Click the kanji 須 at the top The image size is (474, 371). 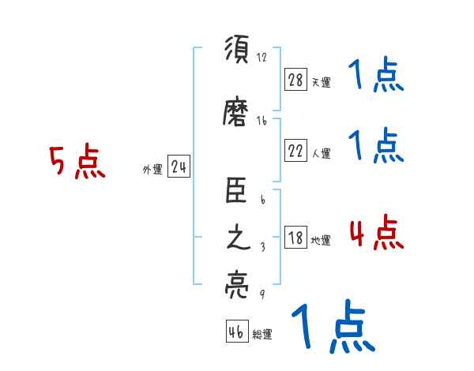(x=236, y=50)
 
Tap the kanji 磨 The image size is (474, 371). (x=236, y=113)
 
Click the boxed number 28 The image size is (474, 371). (x=295, y=79)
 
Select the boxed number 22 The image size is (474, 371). (x=295, y=151)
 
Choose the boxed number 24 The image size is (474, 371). (x=179, y=167)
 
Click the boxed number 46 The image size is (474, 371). (x=236, y=332)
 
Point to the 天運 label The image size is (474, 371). (x=321, y=82)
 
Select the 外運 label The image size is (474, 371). (x=152, y=169)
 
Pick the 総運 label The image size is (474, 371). (x=261, y=334)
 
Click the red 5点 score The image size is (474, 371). (x=77, y=163)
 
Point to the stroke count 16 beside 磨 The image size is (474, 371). (x=261, y=121)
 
